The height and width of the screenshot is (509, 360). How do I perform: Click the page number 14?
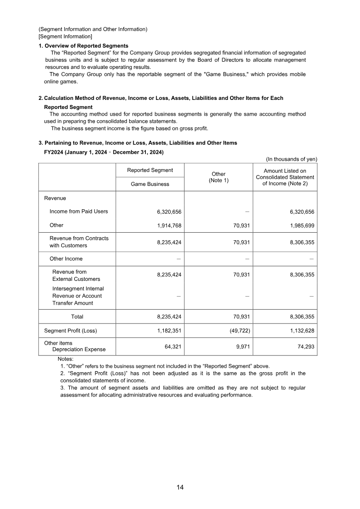coord(180,487)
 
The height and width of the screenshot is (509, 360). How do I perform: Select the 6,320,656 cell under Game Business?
coord(169,212)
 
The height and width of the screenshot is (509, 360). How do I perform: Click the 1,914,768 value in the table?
coord(169,225)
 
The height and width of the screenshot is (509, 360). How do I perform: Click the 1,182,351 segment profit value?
coord(169,331)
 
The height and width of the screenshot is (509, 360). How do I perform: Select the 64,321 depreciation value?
coord(173,347)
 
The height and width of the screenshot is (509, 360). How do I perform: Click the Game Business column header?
coord(150,184)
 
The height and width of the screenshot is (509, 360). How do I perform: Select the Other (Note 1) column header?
coord(219,177)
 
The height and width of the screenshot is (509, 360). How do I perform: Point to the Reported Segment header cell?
coord(150,170)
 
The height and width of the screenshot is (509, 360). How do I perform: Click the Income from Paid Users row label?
coord(78,212)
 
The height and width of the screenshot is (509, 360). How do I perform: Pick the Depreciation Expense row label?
coord(79,350)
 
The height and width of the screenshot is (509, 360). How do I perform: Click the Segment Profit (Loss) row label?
coord(70,331)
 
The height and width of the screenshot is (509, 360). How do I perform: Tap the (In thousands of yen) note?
coord(291,159)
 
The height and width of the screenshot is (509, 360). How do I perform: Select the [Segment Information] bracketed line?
coord(65,36)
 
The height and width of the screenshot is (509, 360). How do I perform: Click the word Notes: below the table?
coord(66,359)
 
